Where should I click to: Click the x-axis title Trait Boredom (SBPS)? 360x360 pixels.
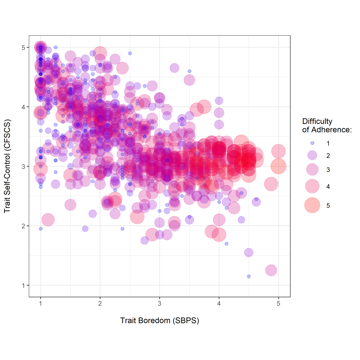[x=160, y=320]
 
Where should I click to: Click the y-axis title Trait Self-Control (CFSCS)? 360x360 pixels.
[x=7, y=166]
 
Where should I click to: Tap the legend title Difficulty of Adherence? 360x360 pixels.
[x=326, y=125]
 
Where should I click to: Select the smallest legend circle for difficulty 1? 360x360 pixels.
[x=312, y=143]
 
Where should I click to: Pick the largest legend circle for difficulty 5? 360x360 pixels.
[x=312, y=205]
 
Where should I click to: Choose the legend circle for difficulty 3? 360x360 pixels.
[x=312, y=169]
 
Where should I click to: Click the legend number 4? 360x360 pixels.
[x=328, y=187]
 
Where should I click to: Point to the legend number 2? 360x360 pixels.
[x=328, y=156]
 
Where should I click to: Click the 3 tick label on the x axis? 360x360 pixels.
[x=160, y=304]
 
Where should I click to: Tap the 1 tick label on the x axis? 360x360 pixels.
[x=40, y=304]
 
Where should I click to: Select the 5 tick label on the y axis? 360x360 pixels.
[x=24, y=47]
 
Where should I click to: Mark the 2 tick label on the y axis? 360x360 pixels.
[x=24, y=226]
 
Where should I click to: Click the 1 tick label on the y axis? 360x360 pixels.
[x=24, y=285]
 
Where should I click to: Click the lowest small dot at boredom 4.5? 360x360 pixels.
[x=249, y=276]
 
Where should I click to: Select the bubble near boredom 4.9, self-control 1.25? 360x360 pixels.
[x=271, y=270]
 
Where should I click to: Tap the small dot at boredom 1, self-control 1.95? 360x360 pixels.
[x=40, y=229]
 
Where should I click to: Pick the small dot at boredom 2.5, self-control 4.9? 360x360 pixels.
[x=130, y=53]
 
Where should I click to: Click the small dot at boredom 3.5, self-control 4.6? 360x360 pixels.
[x=189, y=71]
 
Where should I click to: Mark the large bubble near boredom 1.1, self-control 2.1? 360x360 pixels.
[x=48, y=220]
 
